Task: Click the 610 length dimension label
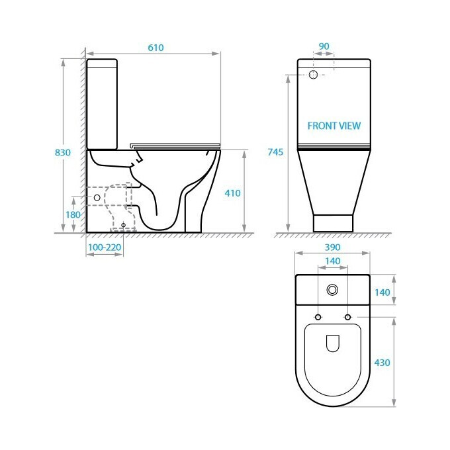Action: click(x=156, y=48)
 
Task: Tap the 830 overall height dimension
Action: click(x=63, y=152)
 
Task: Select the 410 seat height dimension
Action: click(x=232, y=193)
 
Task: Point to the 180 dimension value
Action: click(x=73, y=214)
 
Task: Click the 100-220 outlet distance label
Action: click(x=105, y=247)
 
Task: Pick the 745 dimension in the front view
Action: click(x=275, y=152)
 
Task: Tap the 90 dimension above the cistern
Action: click(x=324, y=46)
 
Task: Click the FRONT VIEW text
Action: click(x=334, y=126)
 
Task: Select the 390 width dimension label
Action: click(x=332, y=247)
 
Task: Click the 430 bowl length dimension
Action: click(x=382, y=363)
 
